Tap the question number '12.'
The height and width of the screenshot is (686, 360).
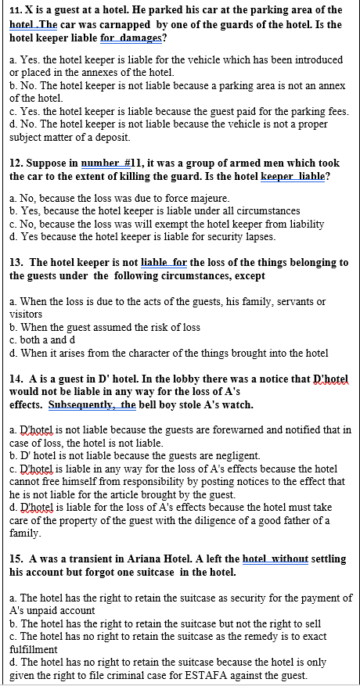[16, 163]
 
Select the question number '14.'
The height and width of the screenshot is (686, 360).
[16, 379]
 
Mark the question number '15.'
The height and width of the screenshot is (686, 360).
[16, 559]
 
